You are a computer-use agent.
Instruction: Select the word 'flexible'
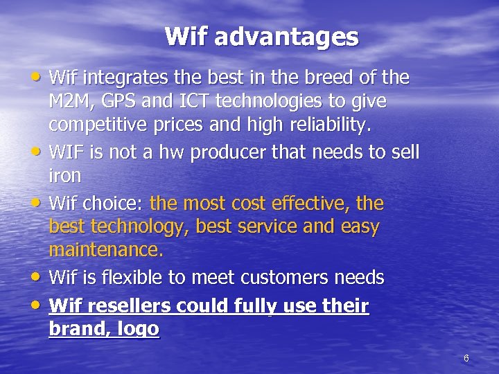140,278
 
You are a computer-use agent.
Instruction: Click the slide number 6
466,358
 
